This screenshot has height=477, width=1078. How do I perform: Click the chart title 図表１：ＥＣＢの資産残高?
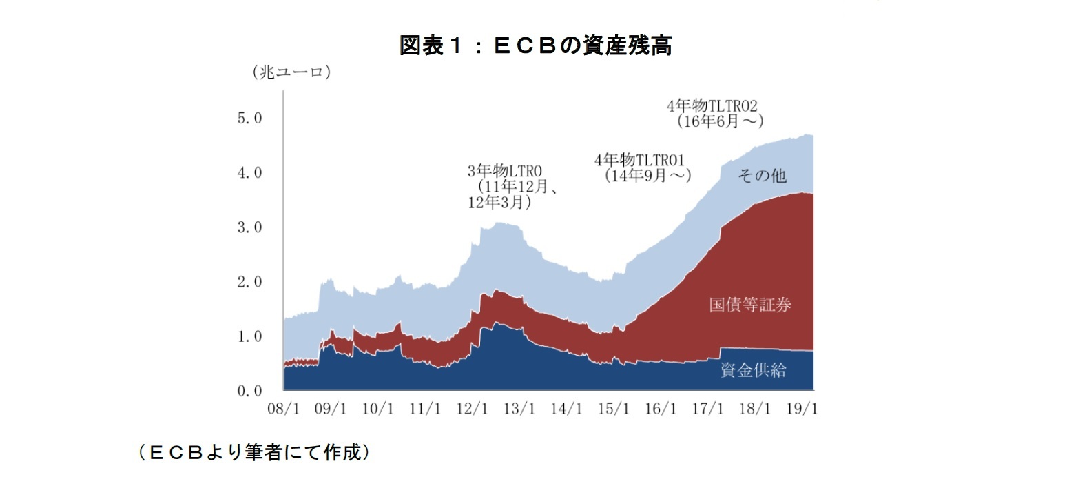tap(535, 46)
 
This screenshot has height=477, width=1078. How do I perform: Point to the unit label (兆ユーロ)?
tap(291, 72)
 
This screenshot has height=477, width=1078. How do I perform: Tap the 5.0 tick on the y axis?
tap(249, 118)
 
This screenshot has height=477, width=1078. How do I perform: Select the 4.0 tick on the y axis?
tap(249, 172)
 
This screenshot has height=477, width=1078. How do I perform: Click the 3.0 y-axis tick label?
tap(249, 227)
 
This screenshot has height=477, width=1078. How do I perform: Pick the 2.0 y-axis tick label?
tap(249, 282)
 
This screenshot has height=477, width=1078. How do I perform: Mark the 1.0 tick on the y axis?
tap(249, 336)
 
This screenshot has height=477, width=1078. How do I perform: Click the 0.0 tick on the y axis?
tap(249, 391)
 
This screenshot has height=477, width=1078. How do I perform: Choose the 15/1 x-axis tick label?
tap(614, 409)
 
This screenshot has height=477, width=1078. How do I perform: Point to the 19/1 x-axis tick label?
tap(803, 409)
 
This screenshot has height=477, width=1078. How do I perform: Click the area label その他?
tap(762, 176)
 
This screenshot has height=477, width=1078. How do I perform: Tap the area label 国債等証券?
tap(750, 305)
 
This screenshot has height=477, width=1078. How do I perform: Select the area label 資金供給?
tap(753, 370)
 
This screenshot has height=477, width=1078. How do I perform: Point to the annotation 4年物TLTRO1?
tap(639, 161)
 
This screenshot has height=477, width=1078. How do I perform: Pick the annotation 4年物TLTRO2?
tap(712, 105)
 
